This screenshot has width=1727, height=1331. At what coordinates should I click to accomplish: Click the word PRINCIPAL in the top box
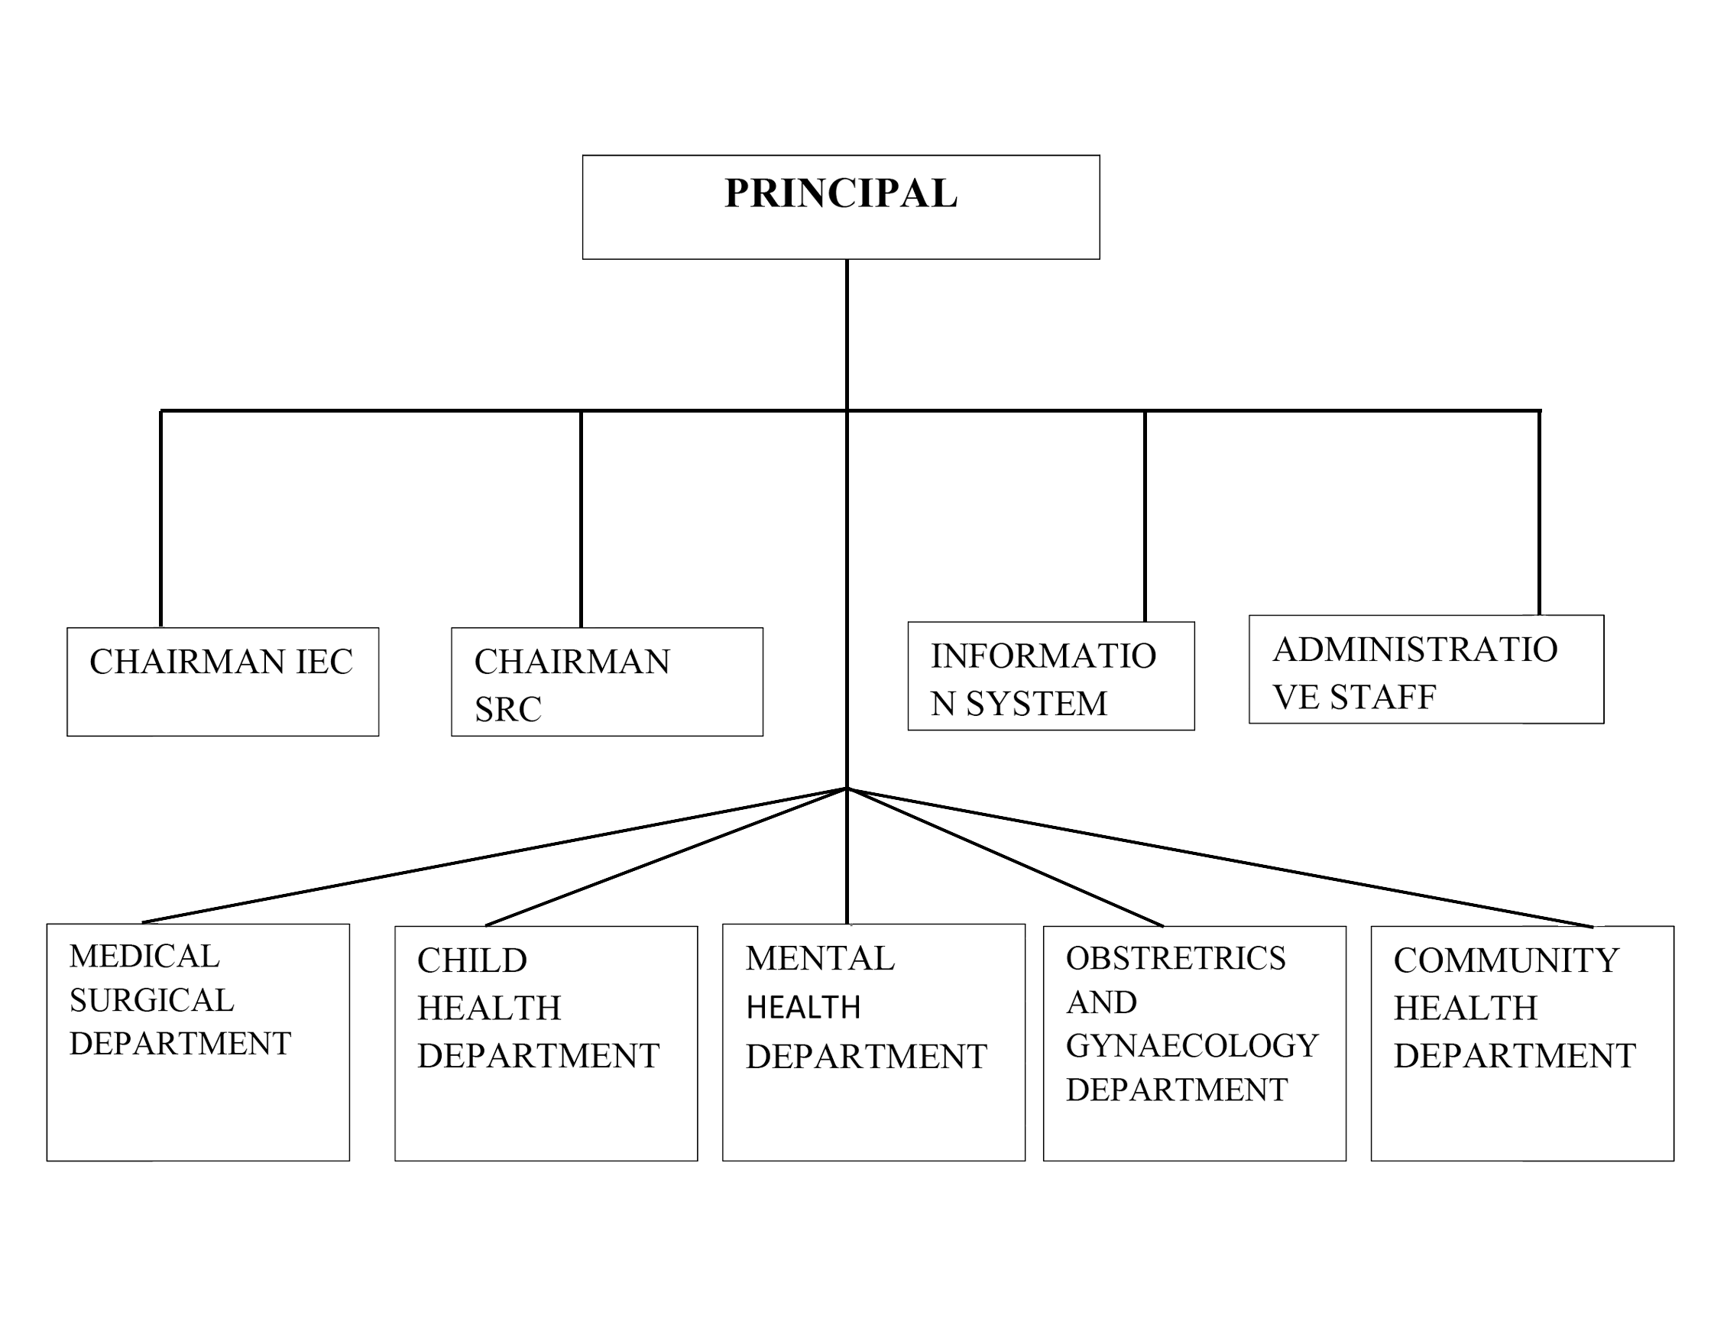841,193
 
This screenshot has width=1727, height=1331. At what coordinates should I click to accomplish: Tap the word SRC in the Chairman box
507,709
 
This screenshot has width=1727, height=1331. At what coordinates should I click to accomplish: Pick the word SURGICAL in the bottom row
152,1000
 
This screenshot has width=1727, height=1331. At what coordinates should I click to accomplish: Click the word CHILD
472,961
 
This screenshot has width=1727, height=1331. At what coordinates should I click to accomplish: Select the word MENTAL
820,958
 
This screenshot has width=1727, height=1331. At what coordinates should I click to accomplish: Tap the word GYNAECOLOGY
1192,1045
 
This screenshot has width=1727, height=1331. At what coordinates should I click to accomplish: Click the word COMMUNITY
1506,961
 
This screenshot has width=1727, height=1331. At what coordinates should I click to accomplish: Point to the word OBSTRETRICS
1176,958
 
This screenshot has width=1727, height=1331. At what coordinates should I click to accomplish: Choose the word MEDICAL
144,956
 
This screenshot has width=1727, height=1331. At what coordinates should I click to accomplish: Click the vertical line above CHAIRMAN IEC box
161,519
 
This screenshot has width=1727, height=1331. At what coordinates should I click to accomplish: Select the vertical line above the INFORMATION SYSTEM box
1145,517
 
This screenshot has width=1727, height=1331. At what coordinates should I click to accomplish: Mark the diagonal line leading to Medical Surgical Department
494,856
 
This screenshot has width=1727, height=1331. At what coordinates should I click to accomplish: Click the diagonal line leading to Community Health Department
1220,857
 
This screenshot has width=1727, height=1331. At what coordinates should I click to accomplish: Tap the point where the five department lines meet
847,788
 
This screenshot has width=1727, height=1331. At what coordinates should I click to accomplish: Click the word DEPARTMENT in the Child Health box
539,1056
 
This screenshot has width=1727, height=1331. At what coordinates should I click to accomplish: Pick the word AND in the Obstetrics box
1101,1002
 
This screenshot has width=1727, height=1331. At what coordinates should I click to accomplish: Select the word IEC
324,662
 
